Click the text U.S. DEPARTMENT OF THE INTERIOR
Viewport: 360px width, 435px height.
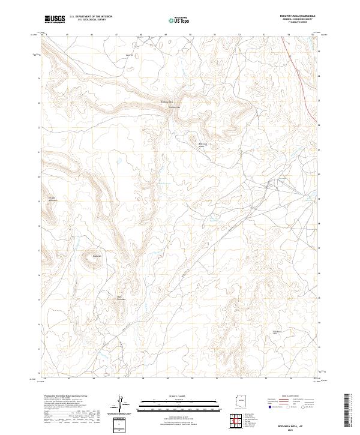(91, 17)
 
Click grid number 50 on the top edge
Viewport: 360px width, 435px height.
(190, 35)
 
